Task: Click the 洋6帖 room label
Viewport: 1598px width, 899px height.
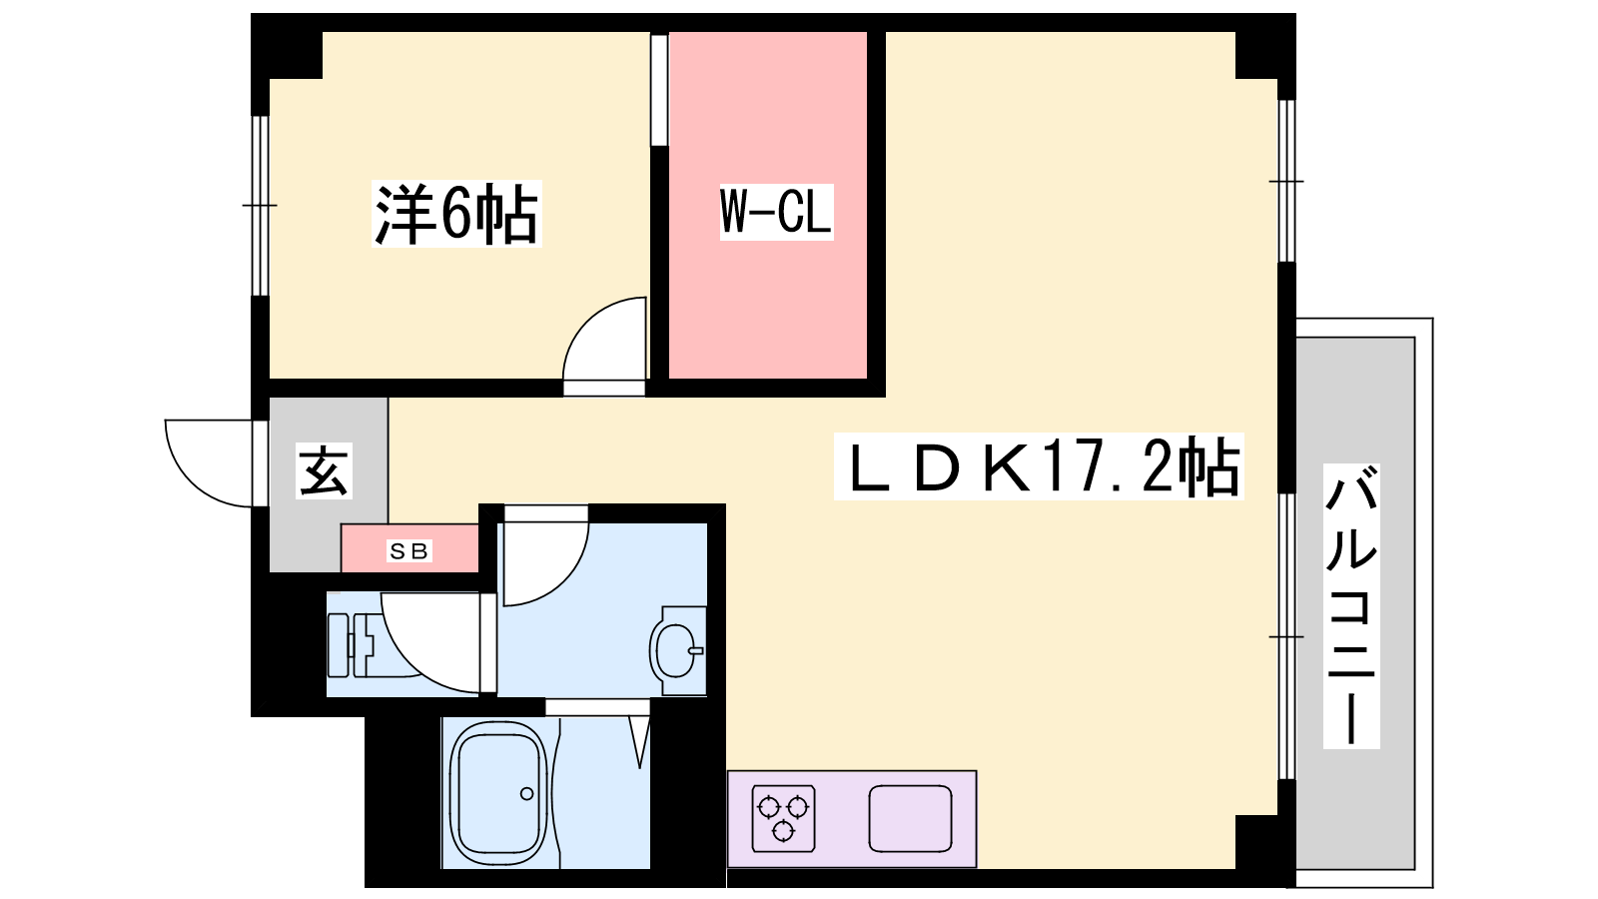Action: [456, 214]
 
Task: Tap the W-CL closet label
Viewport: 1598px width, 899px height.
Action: [776, 211]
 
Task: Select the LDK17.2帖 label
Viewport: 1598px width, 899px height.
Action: [1039, 466]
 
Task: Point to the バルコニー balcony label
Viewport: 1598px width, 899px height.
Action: [1351, 605]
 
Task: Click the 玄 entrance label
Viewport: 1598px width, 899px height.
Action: [324, 470]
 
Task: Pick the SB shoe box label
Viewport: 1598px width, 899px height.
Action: [409, 550]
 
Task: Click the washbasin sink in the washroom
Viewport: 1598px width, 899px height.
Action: [678, 650]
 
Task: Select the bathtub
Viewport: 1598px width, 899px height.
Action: [498, 793]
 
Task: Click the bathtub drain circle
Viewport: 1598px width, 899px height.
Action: [527, 793]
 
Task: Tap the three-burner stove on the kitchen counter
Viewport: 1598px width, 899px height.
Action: [783, 818]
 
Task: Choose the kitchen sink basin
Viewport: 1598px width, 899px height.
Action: [910, 818]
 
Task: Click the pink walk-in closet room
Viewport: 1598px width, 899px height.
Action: [768, 206]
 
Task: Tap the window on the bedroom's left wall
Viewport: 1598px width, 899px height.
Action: [261, 206]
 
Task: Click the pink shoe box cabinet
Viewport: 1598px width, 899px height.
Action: [409, 548]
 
